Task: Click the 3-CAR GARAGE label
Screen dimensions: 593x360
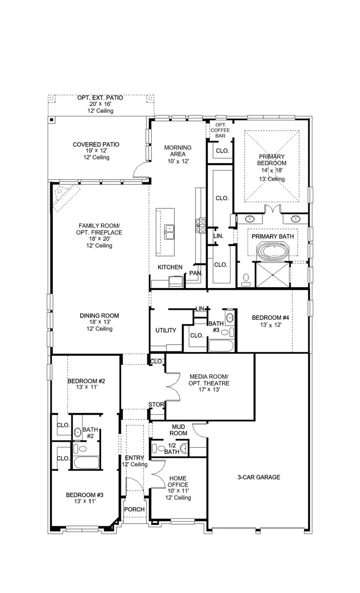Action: (x=259, y=477)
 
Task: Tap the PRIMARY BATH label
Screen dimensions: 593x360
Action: (x=273, y=236)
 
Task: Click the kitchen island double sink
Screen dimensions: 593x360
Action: (x=169, y=230)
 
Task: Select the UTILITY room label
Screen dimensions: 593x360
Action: (x=166, y=330)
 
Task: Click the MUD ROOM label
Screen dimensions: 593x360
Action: (x=178, y=430)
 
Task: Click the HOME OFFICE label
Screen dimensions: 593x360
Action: (x=178, y=484)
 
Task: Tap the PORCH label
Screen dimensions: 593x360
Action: (x=134, y=509)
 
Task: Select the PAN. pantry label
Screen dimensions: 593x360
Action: (x=196, y=273)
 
